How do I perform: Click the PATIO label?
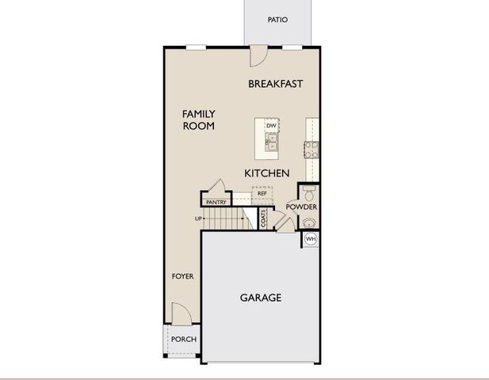[x=277, y=20]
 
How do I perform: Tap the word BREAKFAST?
[x=276, y=84]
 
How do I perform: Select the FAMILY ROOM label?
[x=198, y=120]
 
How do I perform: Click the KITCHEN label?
[x=266, y=173]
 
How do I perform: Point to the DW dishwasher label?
[x=271, y=126]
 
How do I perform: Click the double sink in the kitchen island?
[x=272, y=142]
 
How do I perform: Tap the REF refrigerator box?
[x=262, y=193]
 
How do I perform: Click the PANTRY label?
[x=216, y=203]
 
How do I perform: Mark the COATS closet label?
[x=264, y=219]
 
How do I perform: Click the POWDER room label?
[x=301, y=207]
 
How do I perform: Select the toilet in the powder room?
[x=308, y=192]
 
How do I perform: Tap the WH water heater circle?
[x=311, y=238]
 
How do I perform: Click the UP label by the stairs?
[x=199, y=218]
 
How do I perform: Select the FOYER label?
[x=183, y=276]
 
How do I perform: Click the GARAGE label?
[x=261, y=298]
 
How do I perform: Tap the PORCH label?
[x=184, y=339]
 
